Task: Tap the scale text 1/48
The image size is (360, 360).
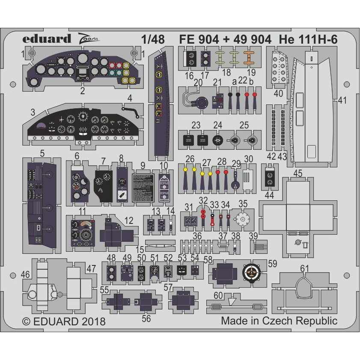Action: click(152, 40)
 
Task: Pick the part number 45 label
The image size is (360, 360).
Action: click(298, 173)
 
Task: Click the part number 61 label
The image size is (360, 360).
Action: click(304, 268)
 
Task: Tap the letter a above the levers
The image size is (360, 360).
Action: click(234, 81)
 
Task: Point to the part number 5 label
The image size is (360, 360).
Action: click(42, 153)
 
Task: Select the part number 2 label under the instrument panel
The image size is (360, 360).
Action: click(82, 90)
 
